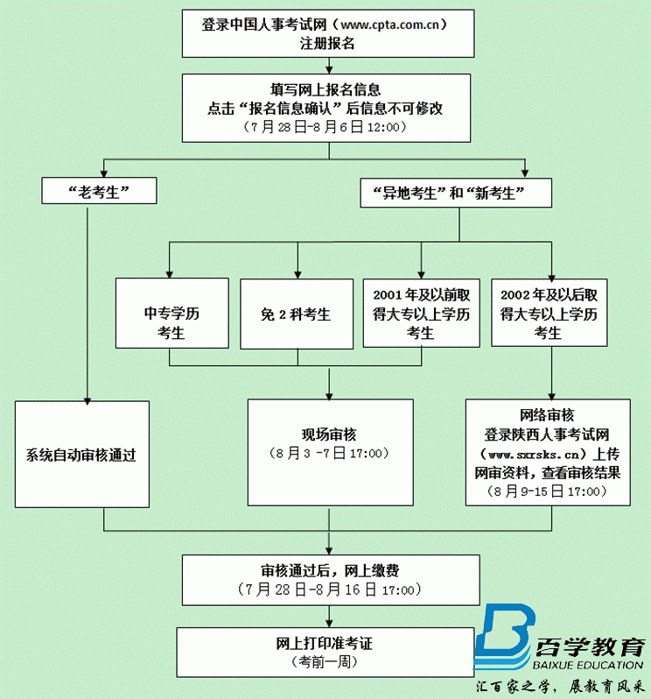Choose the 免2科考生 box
click(296, 313)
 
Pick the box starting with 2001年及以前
click(421, 313)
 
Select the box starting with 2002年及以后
click(549, 313)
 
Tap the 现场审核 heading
click(328, 434)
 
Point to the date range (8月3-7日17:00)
click(328, 454)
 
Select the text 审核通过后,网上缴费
click(329, 570)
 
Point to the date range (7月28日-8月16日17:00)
click(329, 590)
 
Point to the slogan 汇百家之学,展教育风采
click(561, 688)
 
